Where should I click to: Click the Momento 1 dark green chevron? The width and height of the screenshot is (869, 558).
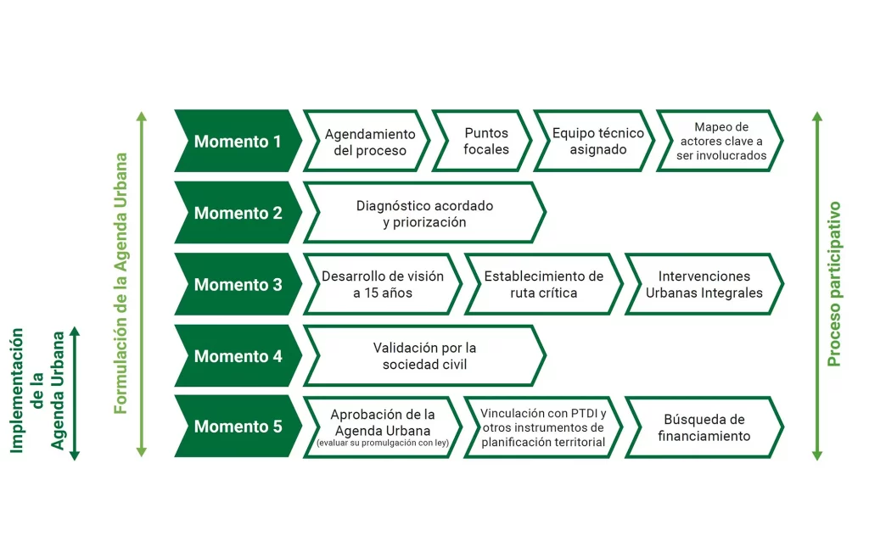point(237,142)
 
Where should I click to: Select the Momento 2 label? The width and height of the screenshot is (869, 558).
point(238,213)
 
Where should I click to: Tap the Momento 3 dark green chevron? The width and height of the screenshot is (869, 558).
point(238,285)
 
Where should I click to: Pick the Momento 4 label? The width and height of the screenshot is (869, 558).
point(238,356)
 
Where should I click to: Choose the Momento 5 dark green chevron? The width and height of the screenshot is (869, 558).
point(238,427)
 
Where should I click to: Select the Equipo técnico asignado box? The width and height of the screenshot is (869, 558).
point(597,142)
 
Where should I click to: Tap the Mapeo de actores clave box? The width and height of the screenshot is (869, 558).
point(720,142)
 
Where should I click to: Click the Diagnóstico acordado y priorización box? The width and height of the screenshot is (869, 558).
point(424,213)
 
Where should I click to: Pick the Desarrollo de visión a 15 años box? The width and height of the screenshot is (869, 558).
point(382,285)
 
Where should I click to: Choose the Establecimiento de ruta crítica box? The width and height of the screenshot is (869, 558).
point(543,285)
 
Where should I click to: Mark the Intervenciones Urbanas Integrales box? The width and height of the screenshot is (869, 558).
point(704,285)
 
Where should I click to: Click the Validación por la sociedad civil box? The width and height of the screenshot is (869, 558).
point(424,356)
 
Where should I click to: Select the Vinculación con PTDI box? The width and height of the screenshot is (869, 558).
point(543,427)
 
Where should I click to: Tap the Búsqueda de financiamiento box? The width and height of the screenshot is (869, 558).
point(704,427)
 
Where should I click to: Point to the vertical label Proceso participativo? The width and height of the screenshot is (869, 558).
point(834,283)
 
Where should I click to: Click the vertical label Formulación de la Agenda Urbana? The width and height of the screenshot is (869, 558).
point(121,283)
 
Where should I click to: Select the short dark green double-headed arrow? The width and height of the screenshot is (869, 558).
point(75,392)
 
